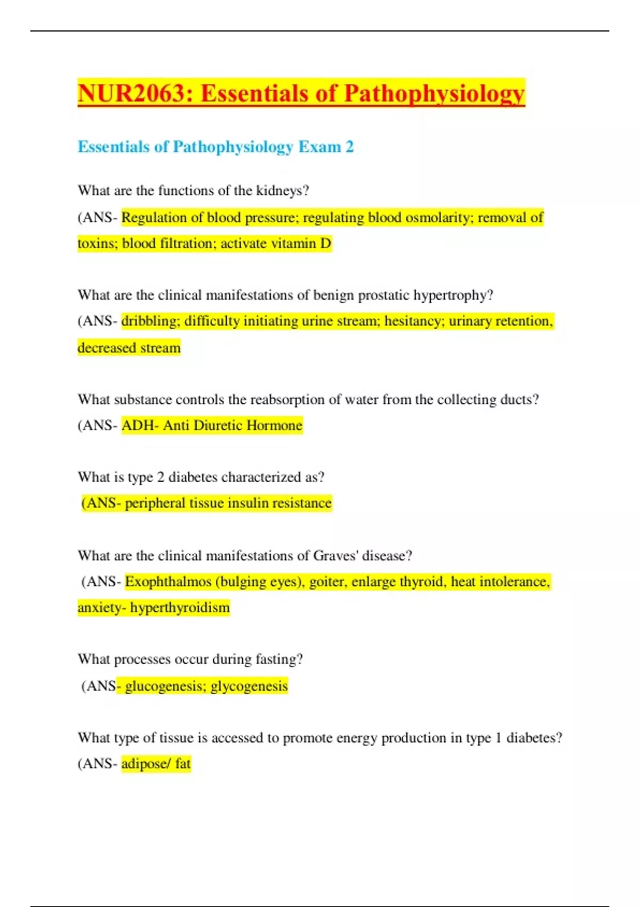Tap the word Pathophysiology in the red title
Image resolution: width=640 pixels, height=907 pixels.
[x=434, y=93]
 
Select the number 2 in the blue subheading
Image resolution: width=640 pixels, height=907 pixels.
[x=349, y=147]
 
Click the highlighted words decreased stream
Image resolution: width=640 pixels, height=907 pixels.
[x=129, y=348]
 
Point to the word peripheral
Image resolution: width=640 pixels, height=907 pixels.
[x=155, y=503]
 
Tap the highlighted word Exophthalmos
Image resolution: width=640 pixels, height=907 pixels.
[x=168, y=582]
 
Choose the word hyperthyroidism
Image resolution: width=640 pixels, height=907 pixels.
[x=180, y=608]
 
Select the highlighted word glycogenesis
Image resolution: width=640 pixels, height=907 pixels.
[x=249, y=686]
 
